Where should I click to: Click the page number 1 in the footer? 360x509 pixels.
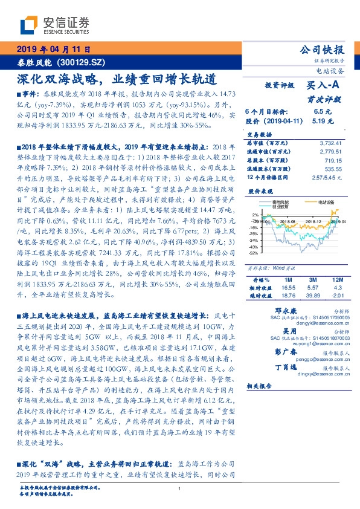coord(180,488)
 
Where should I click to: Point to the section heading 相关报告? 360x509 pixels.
coord(258,385)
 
